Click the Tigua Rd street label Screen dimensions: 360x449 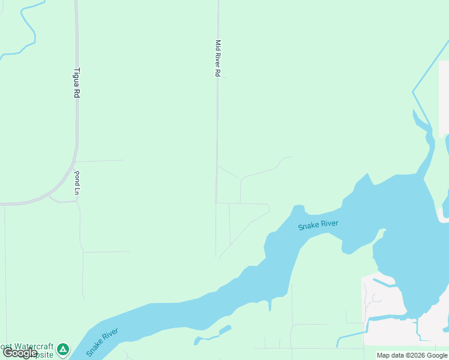point(76,82)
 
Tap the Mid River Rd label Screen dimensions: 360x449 point(218,58)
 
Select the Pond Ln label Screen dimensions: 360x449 point(77,182)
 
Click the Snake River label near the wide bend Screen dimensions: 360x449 point(318,226)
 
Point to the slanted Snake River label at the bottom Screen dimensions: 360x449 point(101,341)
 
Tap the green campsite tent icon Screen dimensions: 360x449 point(63,349)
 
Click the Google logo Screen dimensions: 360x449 point(20,353)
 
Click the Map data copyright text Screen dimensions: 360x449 point(412,355)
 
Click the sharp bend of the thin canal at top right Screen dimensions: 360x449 point(413,92)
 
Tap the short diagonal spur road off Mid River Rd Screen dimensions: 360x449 point(228,172)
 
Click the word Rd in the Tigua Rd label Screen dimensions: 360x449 point(76,92)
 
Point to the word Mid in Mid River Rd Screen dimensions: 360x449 point(218,44)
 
